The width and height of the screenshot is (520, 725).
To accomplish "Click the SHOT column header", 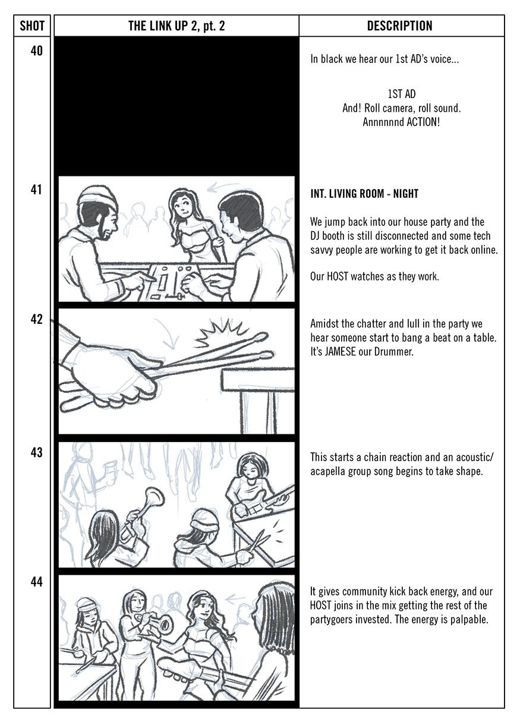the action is click(x=32, y=26).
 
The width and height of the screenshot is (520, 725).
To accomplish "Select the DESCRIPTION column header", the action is click(x=399, y=26).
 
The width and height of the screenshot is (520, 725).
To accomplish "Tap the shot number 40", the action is click(x=36, y=51).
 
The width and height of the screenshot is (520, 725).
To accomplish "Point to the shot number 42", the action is click(x=36, y=319).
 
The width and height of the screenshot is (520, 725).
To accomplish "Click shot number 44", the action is click(x=36, y=582).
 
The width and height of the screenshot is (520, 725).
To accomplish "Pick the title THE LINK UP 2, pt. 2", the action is click(x=177, y=26).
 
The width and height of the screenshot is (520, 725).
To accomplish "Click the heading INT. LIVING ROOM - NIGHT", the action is click(x=364, y=194).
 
